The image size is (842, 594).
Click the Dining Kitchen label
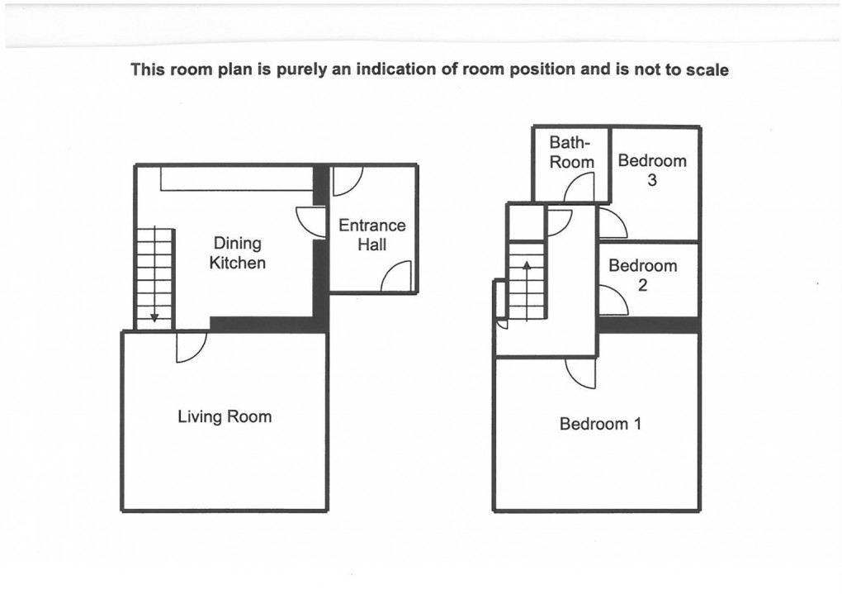(238, 253)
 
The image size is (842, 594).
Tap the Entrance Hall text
(372, 235)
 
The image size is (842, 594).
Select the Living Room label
(225, 416)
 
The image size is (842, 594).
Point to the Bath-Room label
(571, 153)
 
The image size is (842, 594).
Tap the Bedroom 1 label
(600, 424)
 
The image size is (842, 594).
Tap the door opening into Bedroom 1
(580, 373)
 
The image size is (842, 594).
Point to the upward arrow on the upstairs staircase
(526, 267)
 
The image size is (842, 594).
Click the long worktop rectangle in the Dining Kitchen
(236, 178)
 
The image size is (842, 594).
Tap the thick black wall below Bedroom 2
(649, 325)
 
